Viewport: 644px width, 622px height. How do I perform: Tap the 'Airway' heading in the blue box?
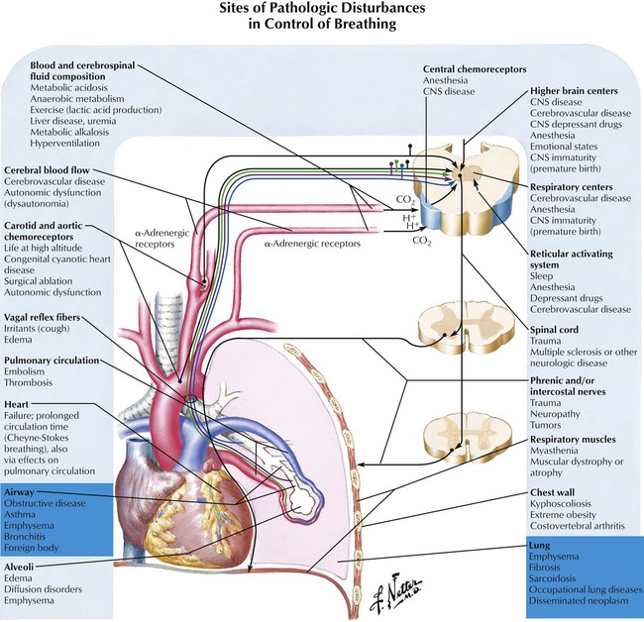pos(21,490)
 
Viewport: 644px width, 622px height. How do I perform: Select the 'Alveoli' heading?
pos(22,565)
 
